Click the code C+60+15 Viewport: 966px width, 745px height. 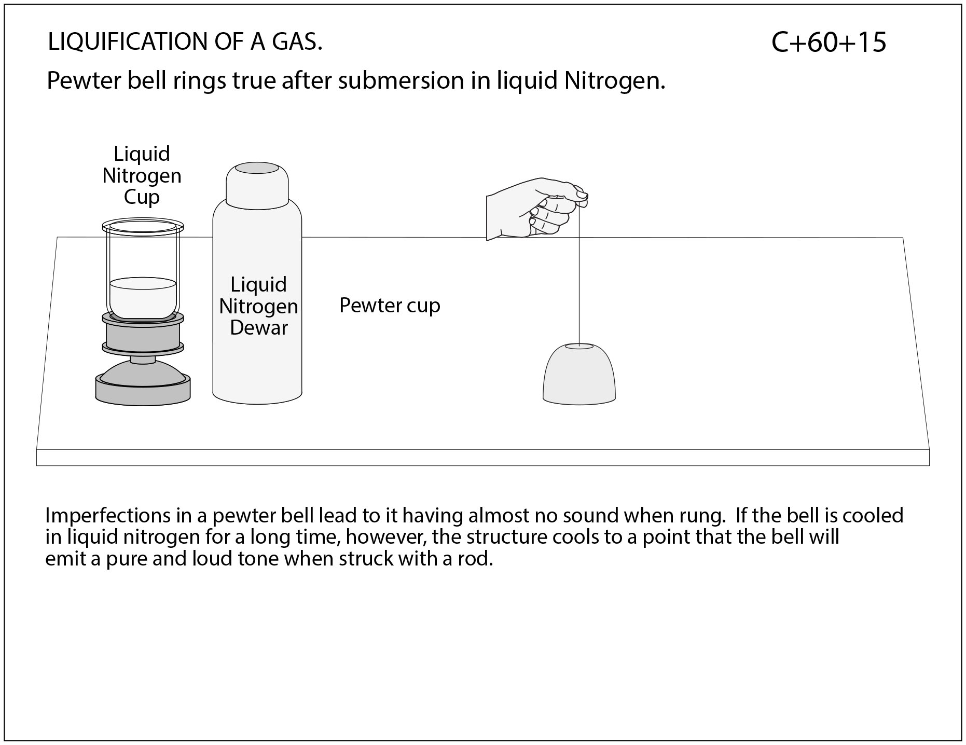(829, 43)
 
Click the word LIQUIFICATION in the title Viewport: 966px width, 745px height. (122, 42)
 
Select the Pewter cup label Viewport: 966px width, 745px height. (390, 305)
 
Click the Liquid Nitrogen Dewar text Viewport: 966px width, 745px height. (258, 306)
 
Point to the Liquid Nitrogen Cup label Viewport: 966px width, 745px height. (142, 175)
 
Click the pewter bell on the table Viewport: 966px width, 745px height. (579, 376)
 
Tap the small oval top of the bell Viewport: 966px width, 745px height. (579, 346)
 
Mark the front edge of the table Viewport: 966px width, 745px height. (482, 458)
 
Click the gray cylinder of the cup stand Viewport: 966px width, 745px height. (143, 336)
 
